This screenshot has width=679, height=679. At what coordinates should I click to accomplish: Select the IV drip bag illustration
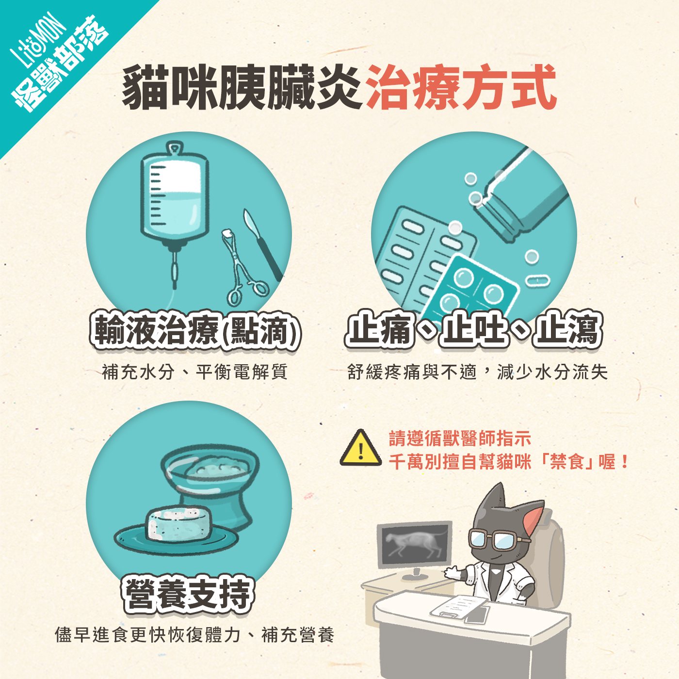tap(175, 199)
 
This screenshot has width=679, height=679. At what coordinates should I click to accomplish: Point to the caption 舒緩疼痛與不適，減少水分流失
tap(477, 372)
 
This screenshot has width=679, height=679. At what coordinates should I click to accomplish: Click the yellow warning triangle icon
tap(360, 449)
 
